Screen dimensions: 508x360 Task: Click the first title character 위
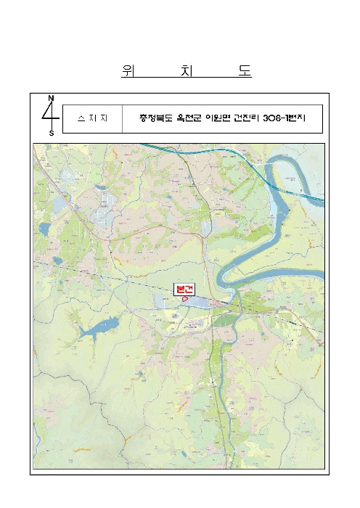[x=127, y=71]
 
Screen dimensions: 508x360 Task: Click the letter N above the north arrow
[x=51, y=98]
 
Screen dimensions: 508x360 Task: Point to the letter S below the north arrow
[x=51, y=134]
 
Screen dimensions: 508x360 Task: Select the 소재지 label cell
[x=92, y=119]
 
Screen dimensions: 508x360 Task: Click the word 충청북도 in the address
[x=156, y=119]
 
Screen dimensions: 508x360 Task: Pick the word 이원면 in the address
[x=221, y=119]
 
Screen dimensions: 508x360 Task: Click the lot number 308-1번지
[x=285, y=119]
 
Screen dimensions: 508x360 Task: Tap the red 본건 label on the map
[x=184, y=288]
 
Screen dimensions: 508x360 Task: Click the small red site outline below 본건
[x=185, y=298]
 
